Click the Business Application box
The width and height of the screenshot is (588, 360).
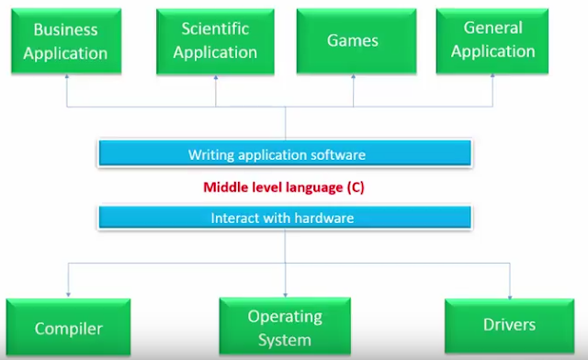pos(66,41)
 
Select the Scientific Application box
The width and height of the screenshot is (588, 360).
pos(216,41)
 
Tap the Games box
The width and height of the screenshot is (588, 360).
pos(353,41)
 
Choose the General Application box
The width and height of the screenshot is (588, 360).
pos(492,41)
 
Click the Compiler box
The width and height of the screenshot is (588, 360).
pos(69,328)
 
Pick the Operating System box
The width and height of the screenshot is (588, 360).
pos(285,327)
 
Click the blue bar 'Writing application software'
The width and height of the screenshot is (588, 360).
pos(284,154)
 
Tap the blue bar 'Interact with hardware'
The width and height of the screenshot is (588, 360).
pos(284,219)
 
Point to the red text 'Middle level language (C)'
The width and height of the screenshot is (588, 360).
pos(284,187)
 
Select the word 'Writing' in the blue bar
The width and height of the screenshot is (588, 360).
pos(209,154)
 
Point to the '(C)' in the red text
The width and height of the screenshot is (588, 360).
pos(356,187)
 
